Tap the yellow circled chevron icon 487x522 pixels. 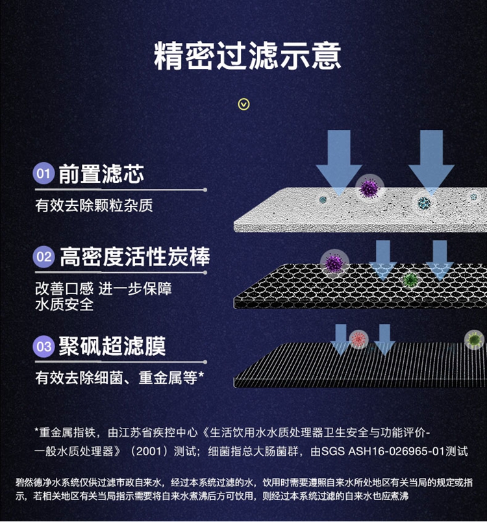coord(244,104)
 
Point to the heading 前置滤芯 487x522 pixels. coord(101,174)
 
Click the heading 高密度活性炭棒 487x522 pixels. coord(135,257)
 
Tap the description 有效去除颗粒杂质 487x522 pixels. coord(94,206)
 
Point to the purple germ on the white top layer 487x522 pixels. coord(369,188)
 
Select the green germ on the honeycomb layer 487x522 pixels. coord(409,280)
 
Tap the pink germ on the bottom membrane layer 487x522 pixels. coord(358,338)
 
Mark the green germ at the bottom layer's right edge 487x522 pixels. coord(475,339)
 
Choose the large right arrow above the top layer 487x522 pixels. coord(431,159)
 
